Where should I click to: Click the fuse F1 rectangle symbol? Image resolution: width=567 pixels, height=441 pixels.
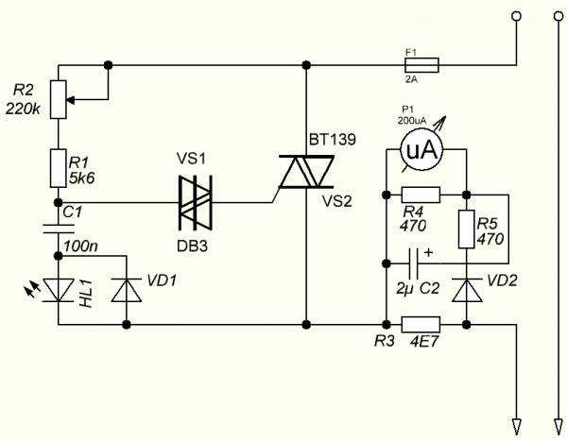pyautogui.click(x=421, y=65)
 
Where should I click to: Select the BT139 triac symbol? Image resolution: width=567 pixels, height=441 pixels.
pyautogui.click(x=306, y=172)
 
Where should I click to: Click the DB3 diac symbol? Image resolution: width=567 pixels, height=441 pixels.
pyautogui.click(x=196, y=202)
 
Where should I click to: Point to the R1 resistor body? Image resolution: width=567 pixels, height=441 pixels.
pyautogui.click(x=58, y=168)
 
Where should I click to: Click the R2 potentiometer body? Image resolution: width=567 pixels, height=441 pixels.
pyautogui.click(x=58, y=99)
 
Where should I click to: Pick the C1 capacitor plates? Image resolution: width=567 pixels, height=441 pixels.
pyautogui.click(x=59, y=229)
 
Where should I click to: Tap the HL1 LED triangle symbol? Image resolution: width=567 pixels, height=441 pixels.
pyautogui.click(x=59, y=290)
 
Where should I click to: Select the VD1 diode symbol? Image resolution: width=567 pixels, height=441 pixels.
pyautogui.click(x=127, y=290)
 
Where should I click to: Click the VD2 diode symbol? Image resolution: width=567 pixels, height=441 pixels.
pyautogui.click(x=467, y=290)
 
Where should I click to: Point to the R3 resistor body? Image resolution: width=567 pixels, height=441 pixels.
pyautogui.click(x=421, y=324)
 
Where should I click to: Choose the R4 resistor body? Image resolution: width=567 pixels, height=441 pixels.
pyautogui.click(x=421, y=195)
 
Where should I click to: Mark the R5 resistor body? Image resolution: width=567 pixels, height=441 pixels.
pyautogui.click(x=467, y=229)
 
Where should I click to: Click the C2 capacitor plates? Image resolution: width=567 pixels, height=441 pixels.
pyautogui.click(x=414, y=263)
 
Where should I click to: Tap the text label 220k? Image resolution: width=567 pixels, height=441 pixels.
pyautogui.click(x=23, y=109)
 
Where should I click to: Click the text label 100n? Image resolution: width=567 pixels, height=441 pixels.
pyautogui.click(x=80, y=246)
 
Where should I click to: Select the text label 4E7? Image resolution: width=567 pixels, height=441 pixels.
pyautogui.click(x=423, y=341)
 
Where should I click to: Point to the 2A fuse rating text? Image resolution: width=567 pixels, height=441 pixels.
pyautogui.click(x=411, y=79)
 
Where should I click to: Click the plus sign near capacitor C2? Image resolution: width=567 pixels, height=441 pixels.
pyautogui.click(x=428, y=252)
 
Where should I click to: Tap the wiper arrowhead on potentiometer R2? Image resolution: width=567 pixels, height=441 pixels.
pyautogui.click(x=71, y=99)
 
